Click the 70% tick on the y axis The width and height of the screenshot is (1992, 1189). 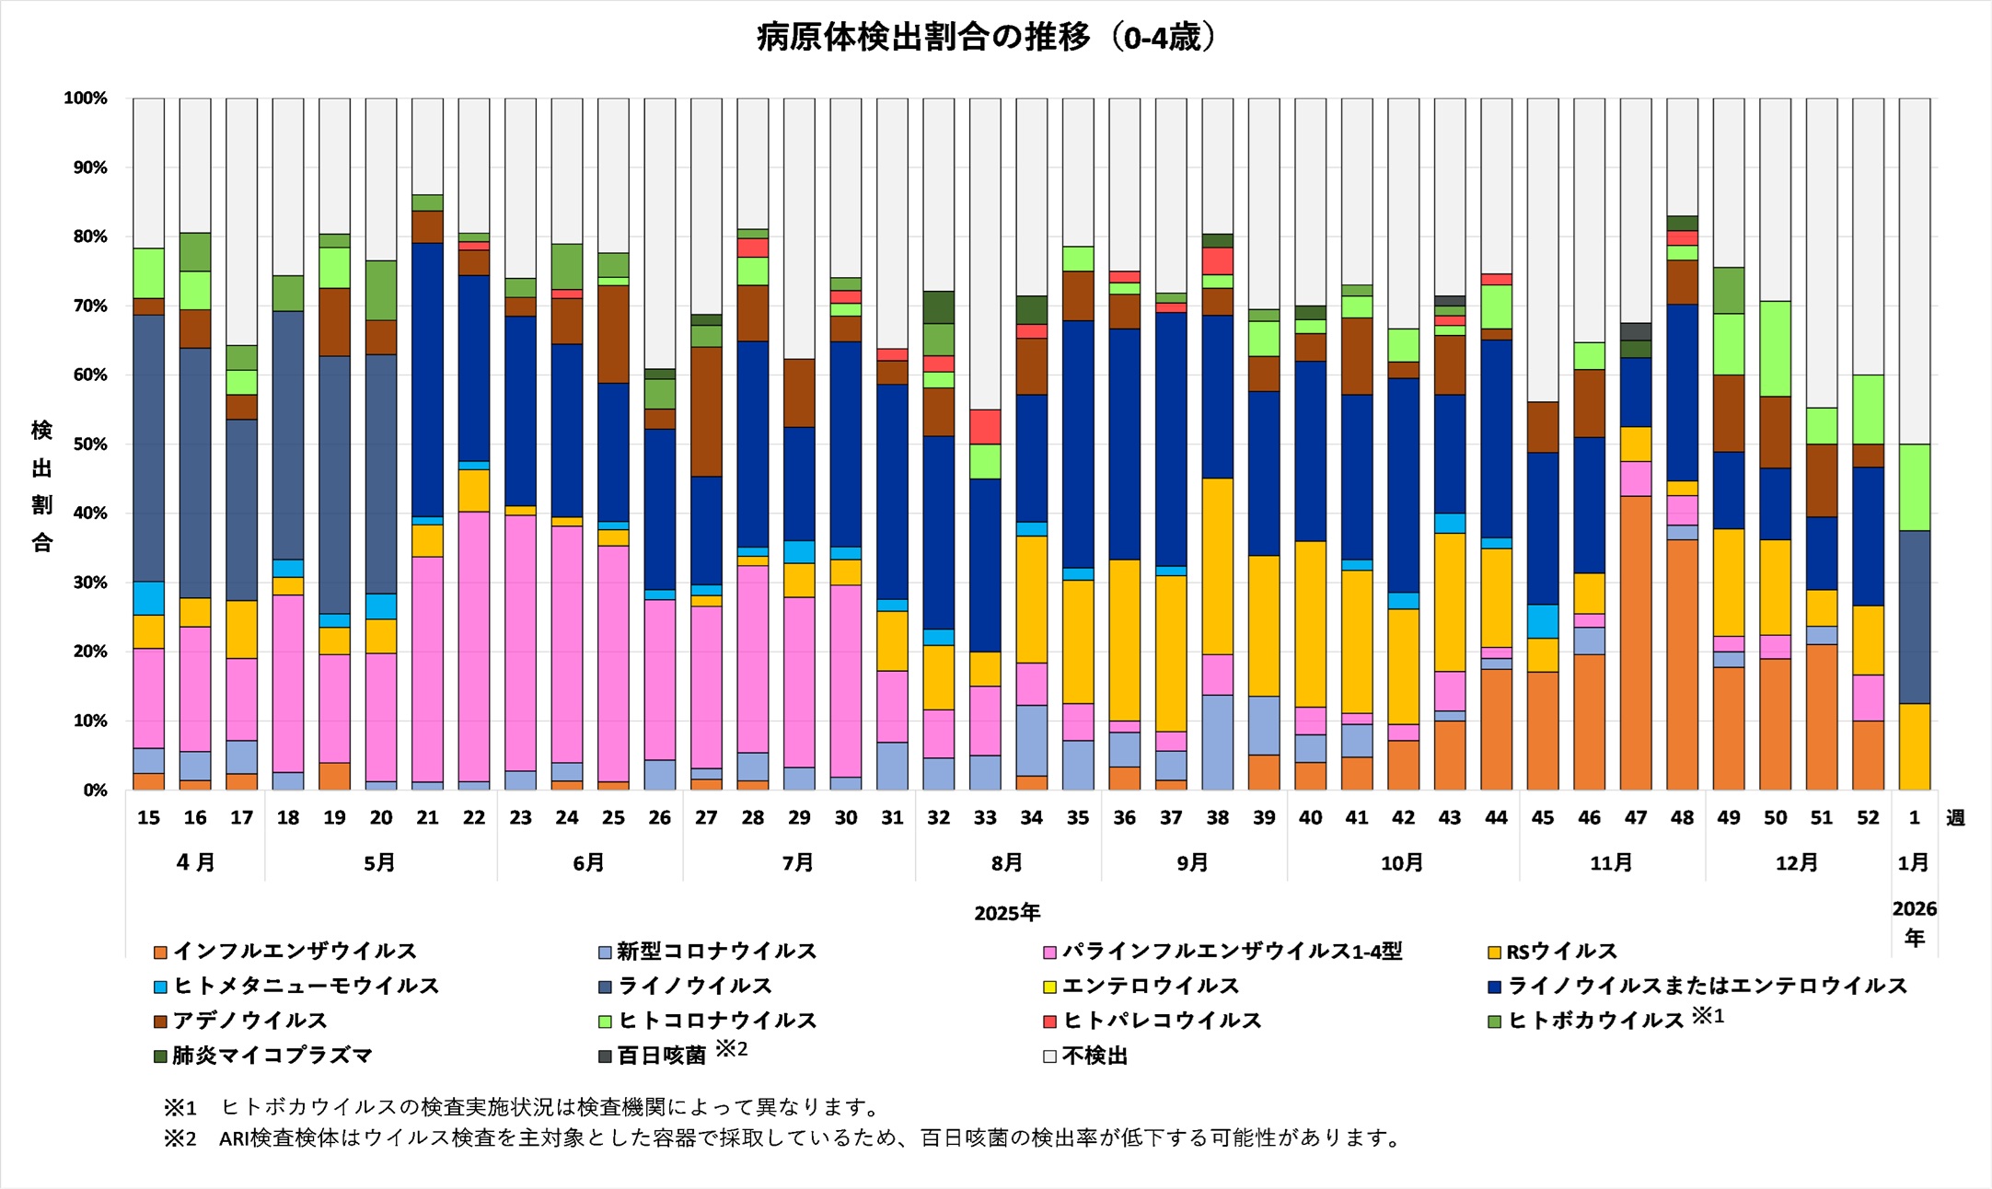(x=86, y=306)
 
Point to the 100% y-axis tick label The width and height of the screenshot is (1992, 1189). (x=86, y=98)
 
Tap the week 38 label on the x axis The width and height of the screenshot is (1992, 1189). (x=1217, y=817)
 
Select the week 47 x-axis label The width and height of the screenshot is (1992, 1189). (x=1635, y=817)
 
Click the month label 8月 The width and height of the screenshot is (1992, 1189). (x=1007, y=863)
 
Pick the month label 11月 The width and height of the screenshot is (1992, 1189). (x=1611, y=863)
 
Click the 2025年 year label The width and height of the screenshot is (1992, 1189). (x=1007, y=913)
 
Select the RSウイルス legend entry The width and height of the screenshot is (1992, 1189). (x=1561, y=951)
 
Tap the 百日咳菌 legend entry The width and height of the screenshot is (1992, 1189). (x=661, y=1056)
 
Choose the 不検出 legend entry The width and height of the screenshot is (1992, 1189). (x=1094, y=1056)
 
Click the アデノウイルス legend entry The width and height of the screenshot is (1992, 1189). (x=249, y=1021)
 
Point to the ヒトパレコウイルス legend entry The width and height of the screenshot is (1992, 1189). (x=1162, y=1021)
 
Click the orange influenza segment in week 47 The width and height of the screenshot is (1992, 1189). (x=1636, y=644)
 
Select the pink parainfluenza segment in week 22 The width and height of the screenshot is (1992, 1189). (x=474, y=644)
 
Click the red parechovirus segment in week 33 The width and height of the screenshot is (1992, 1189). (x=986, y=427)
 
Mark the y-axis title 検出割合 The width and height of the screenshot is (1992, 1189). (x=42, y=486)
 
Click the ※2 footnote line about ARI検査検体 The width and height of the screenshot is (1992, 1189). (x=782, y=1138)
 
